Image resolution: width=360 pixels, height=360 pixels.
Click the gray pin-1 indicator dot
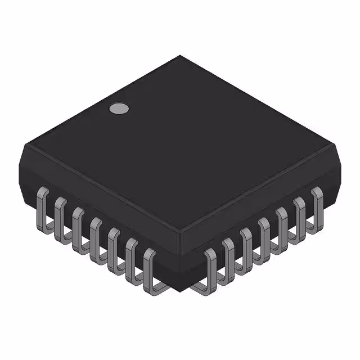pos(118,108)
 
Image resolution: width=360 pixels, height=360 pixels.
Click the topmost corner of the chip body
pos(180,56)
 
